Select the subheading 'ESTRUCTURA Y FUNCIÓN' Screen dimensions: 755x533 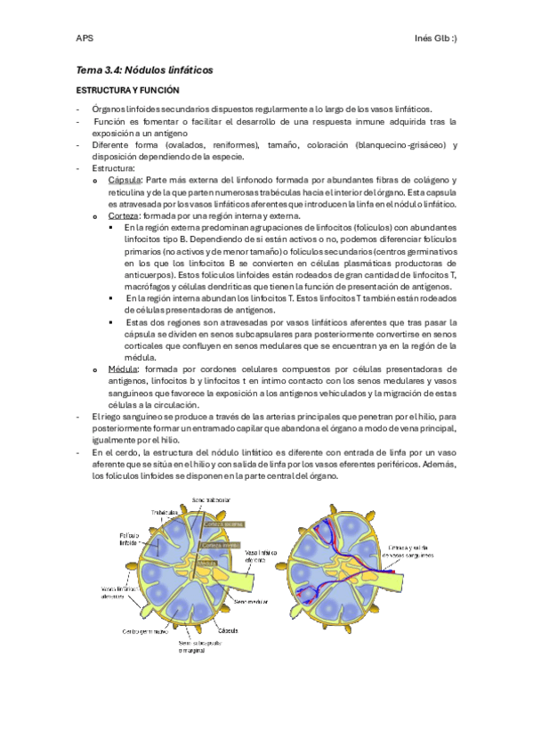pos(128,91)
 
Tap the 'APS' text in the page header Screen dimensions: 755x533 pos(85,37)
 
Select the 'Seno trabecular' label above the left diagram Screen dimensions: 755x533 pos(212,500)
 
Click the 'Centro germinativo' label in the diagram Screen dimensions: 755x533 pos(145,631)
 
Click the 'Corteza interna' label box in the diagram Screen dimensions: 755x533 pos(219,545)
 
